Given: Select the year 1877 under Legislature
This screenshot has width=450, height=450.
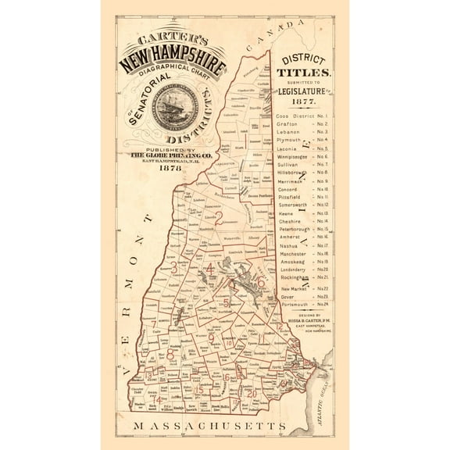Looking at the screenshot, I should pos(304,102).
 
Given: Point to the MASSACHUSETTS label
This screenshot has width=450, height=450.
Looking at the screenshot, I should pos(209,426).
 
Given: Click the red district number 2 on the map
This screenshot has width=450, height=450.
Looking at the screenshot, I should pos(220,218).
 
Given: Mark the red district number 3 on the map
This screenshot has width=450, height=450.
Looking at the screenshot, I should pos(184,267).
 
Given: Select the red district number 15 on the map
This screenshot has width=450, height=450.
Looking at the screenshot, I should pos(199,389).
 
